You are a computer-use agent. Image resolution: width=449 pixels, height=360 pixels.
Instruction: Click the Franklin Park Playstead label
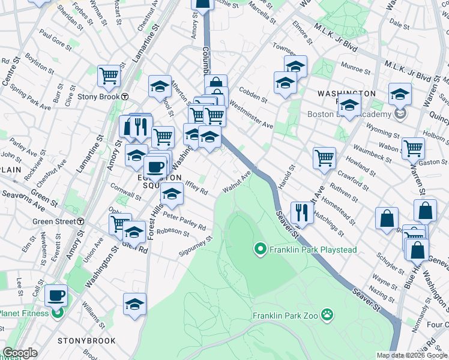click(313, 249)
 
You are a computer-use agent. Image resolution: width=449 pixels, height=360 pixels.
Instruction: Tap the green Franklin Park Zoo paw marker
click(327, 314)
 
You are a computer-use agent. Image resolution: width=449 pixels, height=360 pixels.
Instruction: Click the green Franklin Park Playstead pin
click(260, 248)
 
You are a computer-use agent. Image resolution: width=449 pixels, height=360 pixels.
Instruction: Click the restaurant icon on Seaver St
click(301, 212)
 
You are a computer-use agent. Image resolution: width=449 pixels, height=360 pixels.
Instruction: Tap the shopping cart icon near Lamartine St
click(109, 75)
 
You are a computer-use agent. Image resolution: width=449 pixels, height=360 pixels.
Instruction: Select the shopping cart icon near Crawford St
click(324, 158)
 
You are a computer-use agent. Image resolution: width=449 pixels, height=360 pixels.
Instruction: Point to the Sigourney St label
click(196, 247)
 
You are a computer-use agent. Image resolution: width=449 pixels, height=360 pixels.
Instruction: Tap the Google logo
click(20, 353)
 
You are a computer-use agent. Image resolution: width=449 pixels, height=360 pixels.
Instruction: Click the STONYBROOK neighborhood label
click(78, 340)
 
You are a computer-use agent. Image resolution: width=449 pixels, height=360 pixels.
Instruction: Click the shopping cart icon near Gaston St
click(413, 148)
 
